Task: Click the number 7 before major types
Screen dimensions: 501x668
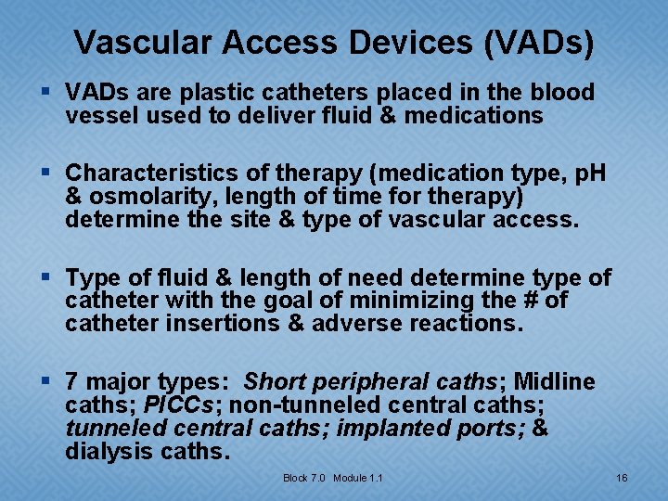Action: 72,382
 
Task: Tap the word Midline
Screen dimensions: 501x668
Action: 555,382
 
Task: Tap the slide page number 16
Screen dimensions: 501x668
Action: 622,478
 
